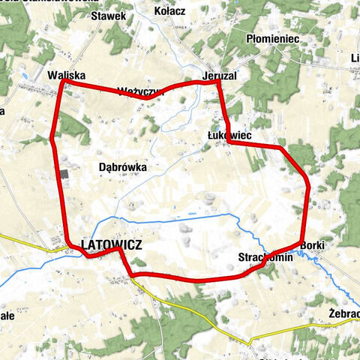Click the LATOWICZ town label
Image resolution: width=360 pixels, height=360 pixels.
tap(111, 244)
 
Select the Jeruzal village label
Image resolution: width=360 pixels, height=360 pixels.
tap(218, 74)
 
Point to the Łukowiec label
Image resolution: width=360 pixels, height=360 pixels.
tap(229, 135)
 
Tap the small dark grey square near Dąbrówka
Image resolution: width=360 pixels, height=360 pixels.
tap(64, 174)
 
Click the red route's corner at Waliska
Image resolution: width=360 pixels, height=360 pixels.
tap(62, 83)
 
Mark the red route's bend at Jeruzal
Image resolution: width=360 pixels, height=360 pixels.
tap(217, 82)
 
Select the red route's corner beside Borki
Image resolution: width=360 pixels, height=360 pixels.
tap(301, 242)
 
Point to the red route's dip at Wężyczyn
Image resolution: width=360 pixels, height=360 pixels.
tap(148, 97)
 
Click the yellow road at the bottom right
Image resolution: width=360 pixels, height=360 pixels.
tap(300, 329)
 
